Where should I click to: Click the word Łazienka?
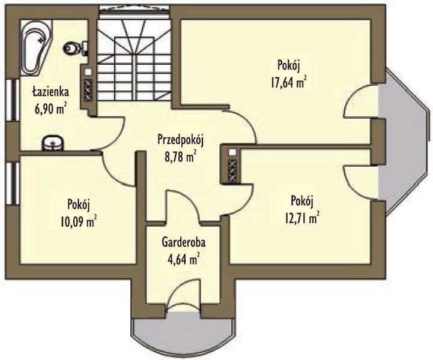[x=50, y=92]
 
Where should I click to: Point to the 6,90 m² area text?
[x=52, y=109]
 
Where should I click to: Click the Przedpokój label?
[x=180, y=140]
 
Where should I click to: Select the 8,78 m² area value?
[x=181, y=157]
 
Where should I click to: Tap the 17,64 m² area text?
[x=289, y=82]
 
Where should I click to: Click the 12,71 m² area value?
[x=302, y=218]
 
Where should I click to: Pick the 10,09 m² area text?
[x=79, y=221]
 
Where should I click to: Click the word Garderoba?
[x=184, y=242]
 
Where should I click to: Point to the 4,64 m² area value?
[x=184, y=259]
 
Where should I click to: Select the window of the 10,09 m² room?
[x=12, y=183]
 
